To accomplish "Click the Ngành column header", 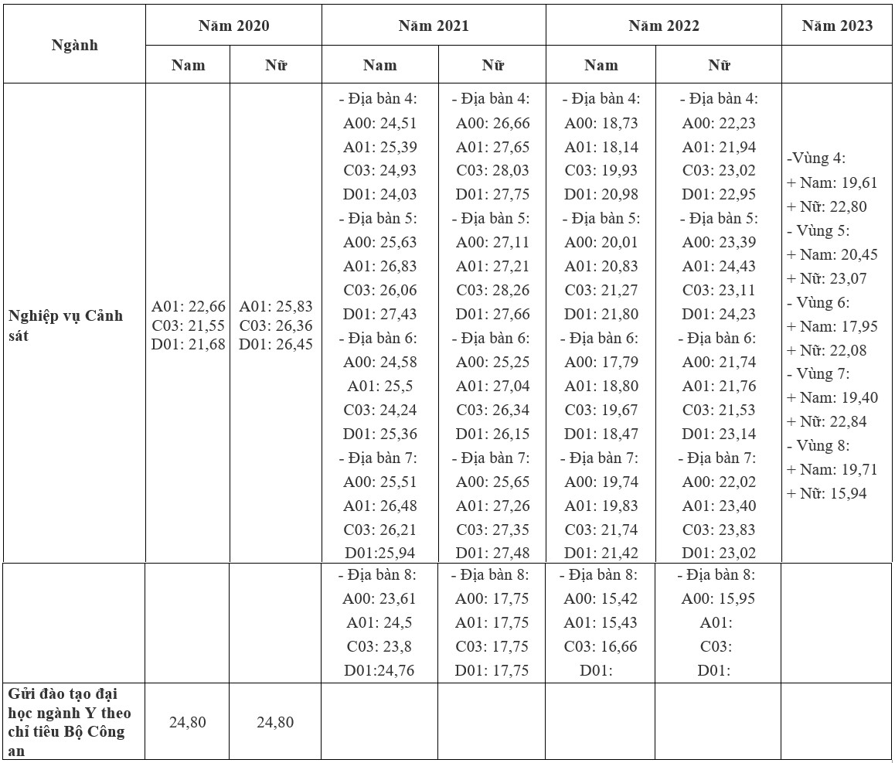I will point(75,45).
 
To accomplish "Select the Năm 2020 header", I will point(233,26).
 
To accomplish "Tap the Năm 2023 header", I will point(837,26).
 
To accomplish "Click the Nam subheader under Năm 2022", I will point(601,65).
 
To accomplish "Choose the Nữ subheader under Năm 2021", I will point(492,65).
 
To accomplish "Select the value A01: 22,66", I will point(189,307).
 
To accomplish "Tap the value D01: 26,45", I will point(276,344).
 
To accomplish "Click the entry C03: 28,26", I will point(492,290).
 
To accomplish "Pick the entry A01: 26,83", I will point(379,266).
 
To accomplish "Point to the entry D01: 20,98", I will point(601,194).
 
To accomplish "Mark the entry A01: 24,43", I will point(719,266).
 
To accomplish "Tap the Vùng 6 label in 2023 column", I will point(818,302).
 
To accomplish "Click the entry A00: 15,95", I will point(719,598).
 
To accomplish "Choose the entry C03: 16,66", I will point(601,646).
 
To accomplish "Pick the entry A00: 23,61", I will point(379,598).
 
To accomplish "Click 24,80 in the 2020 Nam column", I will point(188,722).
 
